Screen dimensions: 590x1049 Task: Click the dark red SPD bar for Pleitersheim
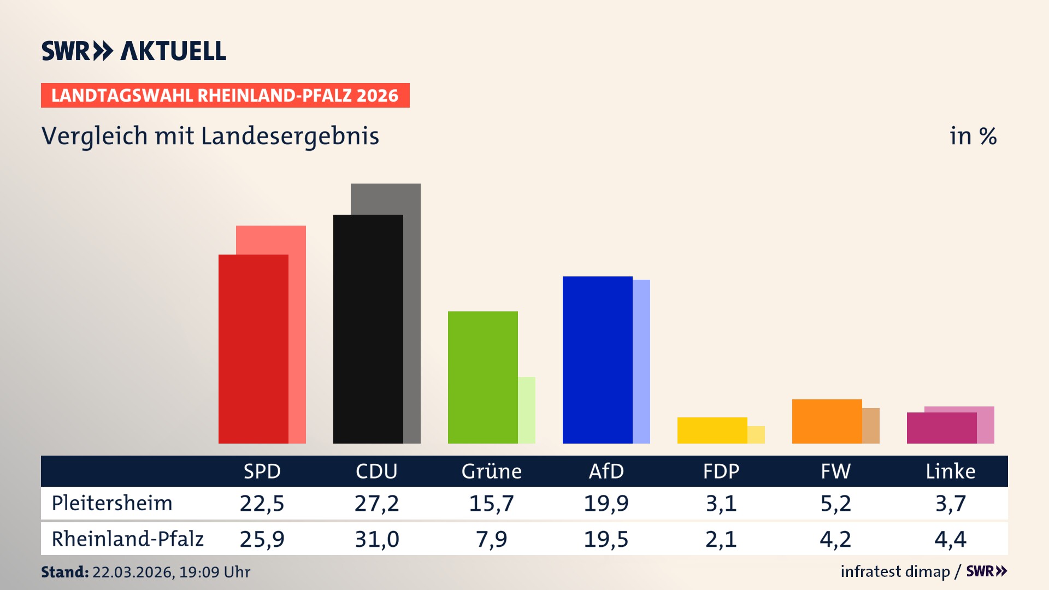tap(253, 350)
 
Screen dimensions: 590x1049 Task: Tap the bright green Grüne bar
tap(482, 377)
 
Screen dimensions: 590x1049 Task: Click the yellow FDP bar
tap(712, 430)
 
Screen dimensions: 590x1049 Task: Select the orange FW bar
tap(827, 421)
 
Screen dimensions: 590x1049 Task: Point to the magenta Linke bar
tap(941, 428)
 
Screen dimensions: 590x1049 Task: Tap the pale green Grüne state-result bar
tap(527, 410)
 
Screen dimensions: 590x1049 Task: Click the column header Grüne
tap(491, 471)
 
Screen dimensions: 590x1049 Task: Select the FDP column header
tap(721, 471)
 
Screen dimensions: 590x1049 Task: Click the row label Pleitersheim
tap(112, 503)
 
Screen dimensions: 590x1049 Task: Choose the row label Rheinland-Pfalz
tap(127, 539)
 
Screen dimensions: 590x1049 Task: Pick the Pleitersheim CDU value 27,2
tap(376, 503)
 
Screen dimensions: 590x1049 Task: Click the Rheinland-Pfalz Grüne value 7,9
tap(491, 539)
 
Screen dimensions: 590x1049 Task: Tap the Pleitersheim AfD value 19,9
tap(606, 503)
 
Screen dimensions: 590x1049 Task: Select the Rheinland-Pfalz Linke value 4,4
tap(950, 539)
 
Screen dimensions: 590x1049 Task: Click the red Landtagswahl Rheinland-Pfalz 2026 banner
tap(225, 96)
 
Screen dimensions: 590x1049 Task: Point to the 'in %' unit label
tap(973, 137)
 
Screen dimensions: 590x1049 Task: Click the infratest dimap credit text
tap(895, 571)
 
